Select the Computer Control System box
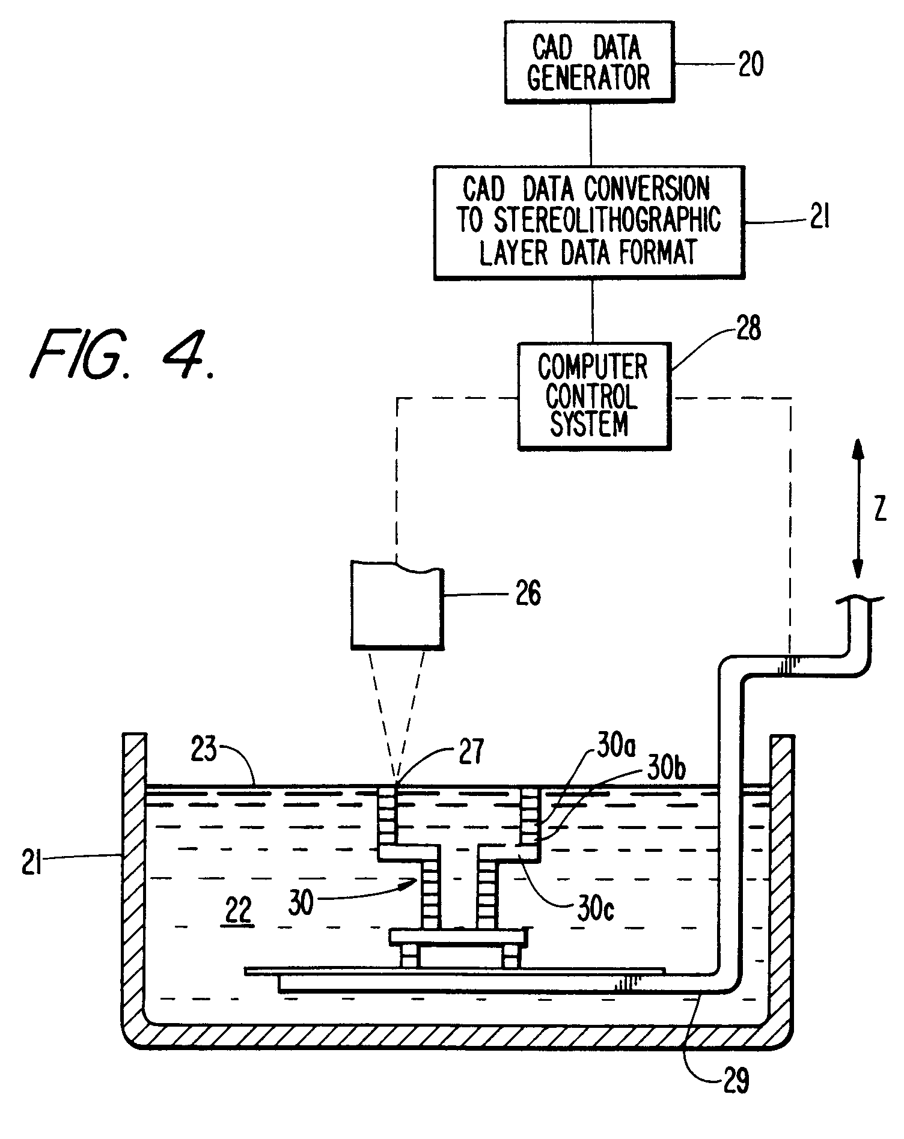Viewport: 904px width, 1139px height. [x=593, y=396]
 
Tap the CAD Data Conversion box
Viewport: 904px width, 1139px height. [x=589, y=222]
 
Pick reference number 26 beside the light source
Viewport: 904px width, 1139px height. [x=527, y=594]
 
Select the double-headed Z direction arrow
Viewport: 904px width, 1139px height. [x=857, y=508]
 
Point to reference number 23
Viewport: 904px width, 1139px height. [x=204, y=751]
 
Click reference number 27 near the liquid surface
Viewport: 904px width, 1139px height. [x=470, y=753]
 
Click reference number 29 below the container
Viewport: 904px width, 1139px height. [x=733, y=1081]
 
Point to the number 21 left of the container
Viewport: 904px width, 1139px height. [x=31, y=867]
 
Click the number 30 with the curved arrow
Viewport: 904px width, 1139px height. [x=301, y=902]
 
